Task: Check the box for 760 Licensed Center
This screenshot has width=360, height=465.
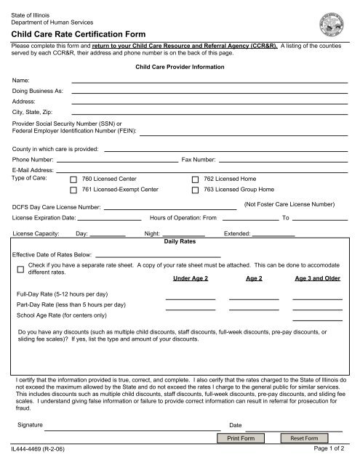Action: point(73,179)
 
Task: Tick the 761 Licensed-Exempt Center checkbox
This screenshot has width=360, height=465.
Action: point(73,190)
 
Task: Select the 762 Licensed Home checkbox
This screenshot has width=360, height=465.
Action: point(195,179)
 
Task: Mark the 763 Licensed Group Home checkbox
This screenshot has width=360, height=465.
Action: point(195,190)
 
